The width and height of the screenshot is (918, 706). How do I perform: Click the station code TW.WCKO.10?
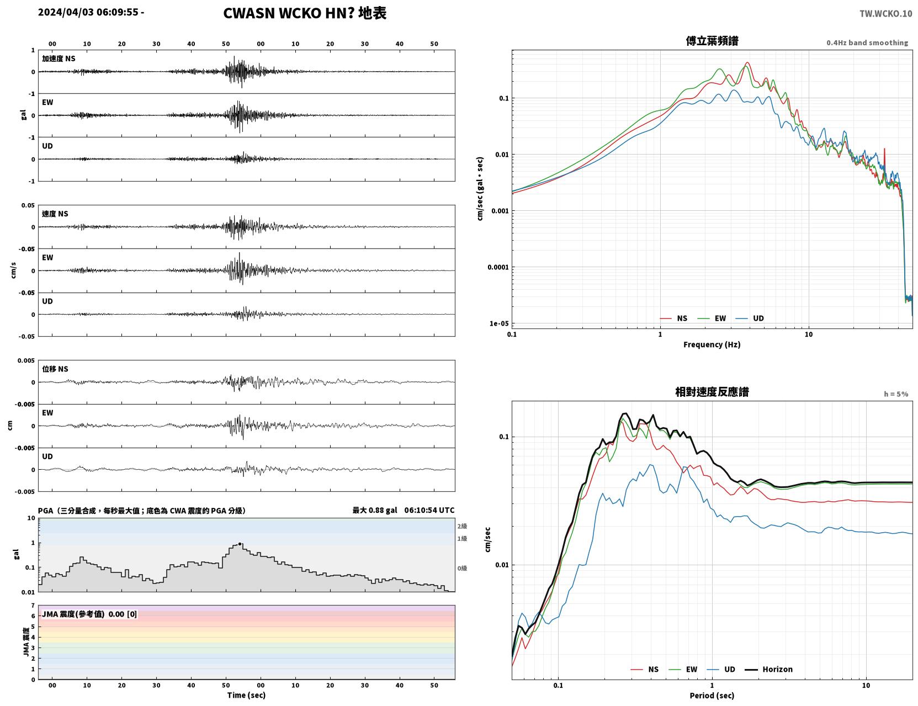[885, 13]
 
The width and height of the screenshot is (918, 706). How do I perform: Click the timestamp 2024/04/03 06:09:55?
[88, 12]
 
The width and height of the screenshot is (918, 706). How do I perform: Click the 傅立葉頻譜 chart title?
[712, 41]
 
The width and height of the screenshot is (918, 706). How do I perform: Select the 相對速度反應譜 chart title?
[712, 392]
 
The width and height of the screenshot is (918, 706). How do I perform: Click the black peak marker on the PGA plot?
[240, 544]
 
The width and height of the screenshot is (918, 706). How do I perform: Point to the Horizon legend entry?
[768, 669]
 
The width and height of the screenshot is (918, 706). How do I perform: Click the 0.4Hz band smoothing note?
[867, 43]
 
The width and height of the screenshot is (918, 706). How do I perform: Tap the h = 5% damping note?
[895, 394]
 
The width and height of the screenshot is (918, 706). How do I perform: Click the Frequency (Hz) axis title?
[712, 344]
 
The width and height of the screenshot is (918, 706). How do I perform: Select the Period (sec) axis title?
[712, 696]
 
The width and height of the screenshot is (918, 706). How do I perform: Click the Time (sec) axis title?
[246, 695]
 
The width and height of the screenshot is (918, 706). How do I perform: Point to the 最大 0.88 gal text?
[375, 510]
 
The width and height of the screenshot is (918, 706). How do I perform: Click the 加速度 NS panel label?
[59, 59]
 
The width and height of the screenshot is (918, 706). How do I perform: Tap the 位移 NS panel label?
[55, 369]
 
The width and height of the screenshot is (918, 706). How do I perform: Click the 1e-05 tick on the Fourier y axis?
[499, 323]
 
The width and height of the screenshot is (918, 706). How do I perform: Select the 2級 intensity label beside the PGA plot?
[462, 526]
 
